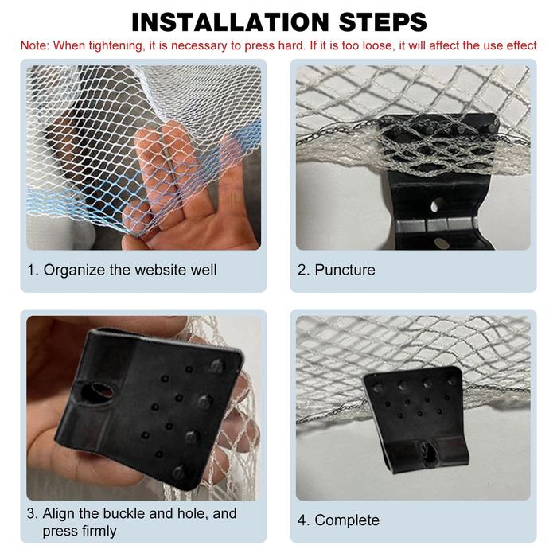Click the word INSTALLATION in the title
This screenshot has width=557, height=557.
pyautogui.click(x=231, y=22)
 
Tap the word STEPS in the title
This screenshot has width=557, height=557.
pyautogui.click(x=383, y=22)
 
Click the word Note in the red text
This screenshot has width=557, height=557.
pyautogui.click(x=34, y=45)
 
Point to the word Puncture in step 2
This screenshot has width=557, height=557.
pyautogui.click(x=345, y=270)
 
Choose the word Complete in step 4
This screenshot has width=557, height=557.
pyautogui.click(x=347, y=520)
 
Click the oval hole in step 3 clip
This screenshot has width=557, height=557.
pyautogui.click(x=99, y=392)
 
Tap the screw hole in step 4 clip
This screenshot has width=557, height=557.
pyautogui.click(x=427, y=451)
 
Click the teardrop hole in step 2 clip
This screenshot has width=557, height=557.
pyautogui.click(x=437, y=205)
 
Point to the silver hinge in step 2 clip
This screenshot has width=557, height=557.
pyautogui.click(x=436, y=225)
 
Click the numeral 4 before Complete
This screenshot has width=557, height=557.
pyautogui.click(x=302, y=520)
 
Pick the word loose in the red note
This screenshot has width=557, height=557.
pyautogui.click(x=379, y=45)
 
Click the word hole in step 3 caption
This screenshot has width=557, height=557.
pyautogui.click(x=192, y=513)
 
